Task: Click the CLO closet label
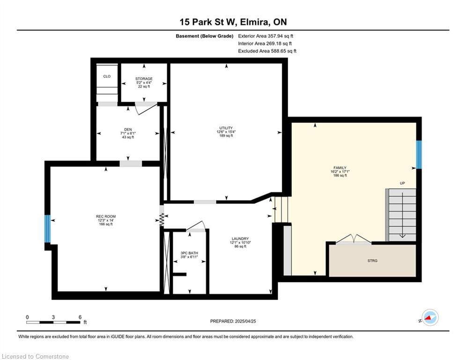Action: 107,76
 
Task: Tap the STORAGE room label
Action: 144,79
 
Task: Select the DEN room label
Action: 128,129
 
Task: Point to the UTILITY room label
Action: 226,128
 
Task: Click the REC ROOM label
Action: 106,216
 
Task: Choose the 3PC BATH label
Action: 189,253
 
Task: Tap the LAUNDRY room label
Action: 240,239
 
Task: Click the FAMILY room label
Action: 340,168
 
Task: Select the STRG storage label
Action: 372,261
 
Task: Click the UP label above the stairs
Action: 402,183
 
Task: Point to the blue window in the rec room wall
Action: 48,228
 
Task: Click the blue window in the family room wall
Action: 418,154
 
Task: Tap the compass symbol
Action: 430,317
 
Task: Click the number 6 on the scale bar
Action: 80,317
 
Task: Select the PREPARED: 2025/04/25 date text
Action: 233,321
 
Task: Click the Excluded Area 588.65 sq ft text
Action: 267,51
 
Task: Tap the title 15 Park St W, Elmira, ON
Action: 233,22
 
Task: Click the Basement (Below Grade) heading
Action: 205,36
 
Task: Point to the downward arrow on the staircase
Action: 402,215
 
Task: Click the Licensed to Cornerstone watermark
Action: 36,356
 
